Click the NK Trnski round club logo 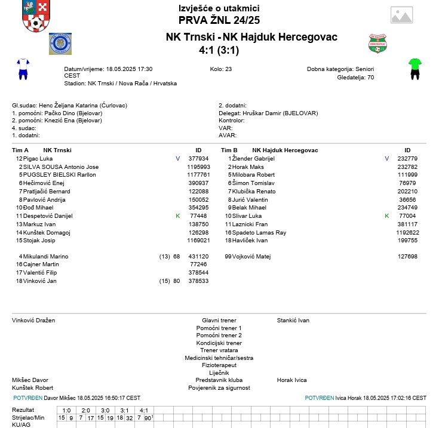(60, 44)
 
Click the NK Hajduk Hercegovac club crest (379, 44)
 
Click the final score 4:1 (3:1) (219, 50)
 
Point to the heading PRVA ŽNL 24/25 (219, 20)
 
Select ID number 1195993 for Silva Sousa (198, 167)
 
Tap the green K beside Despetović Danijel (177, 215)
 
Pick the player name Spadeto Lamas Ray (265, 232)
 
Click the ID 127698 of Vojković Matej (407, 256)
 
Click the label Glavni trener (219, 321)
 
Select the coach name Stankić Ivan (293, 321)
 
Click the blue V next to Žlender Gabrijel (386, 158)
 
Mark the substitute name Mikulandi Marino (45, 256)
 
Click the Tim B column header (229, 150)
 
